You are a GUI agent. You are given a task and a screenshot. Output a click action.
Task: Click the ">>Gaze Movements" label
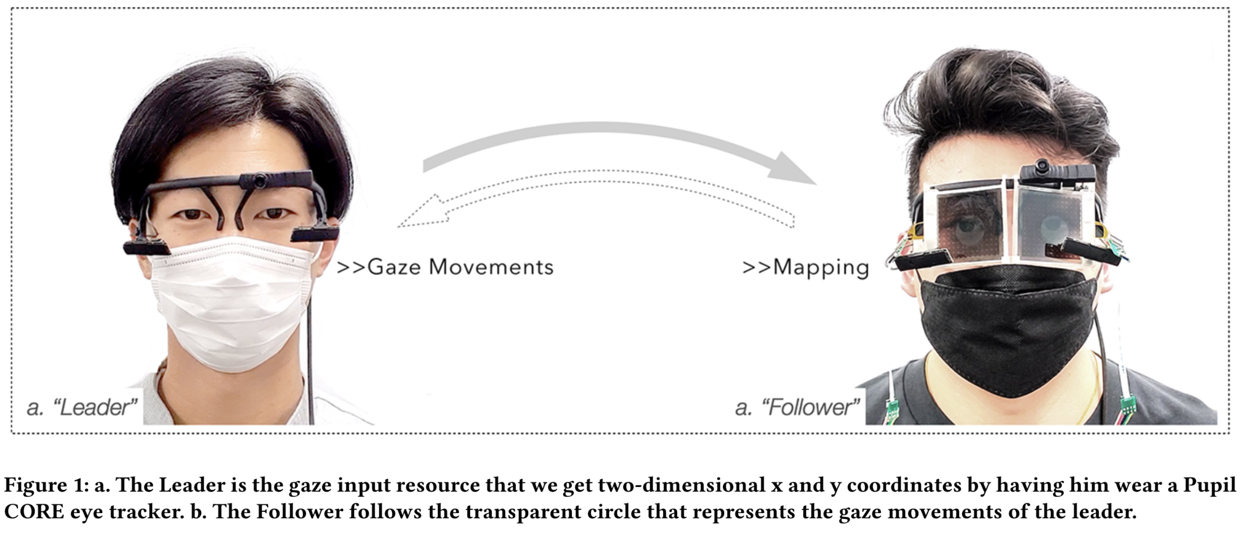[x=445, y=267]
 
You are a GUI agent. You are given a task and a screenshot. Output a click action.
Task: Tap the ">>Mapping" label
[x=805, y=267]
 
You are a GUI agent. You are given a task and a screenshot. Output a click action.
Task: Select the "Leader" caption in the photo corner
[x=82, y=407]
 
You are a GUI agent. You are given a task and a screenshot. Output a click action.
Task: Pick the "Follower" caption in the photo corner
[x=798, y=407]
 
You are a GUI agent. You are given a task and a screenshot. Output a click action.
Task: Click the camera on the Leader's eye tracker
[x=260, y=181]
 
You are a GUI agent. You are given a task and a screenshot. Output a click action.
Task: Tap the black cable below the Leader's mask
[x=311, y=385]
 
